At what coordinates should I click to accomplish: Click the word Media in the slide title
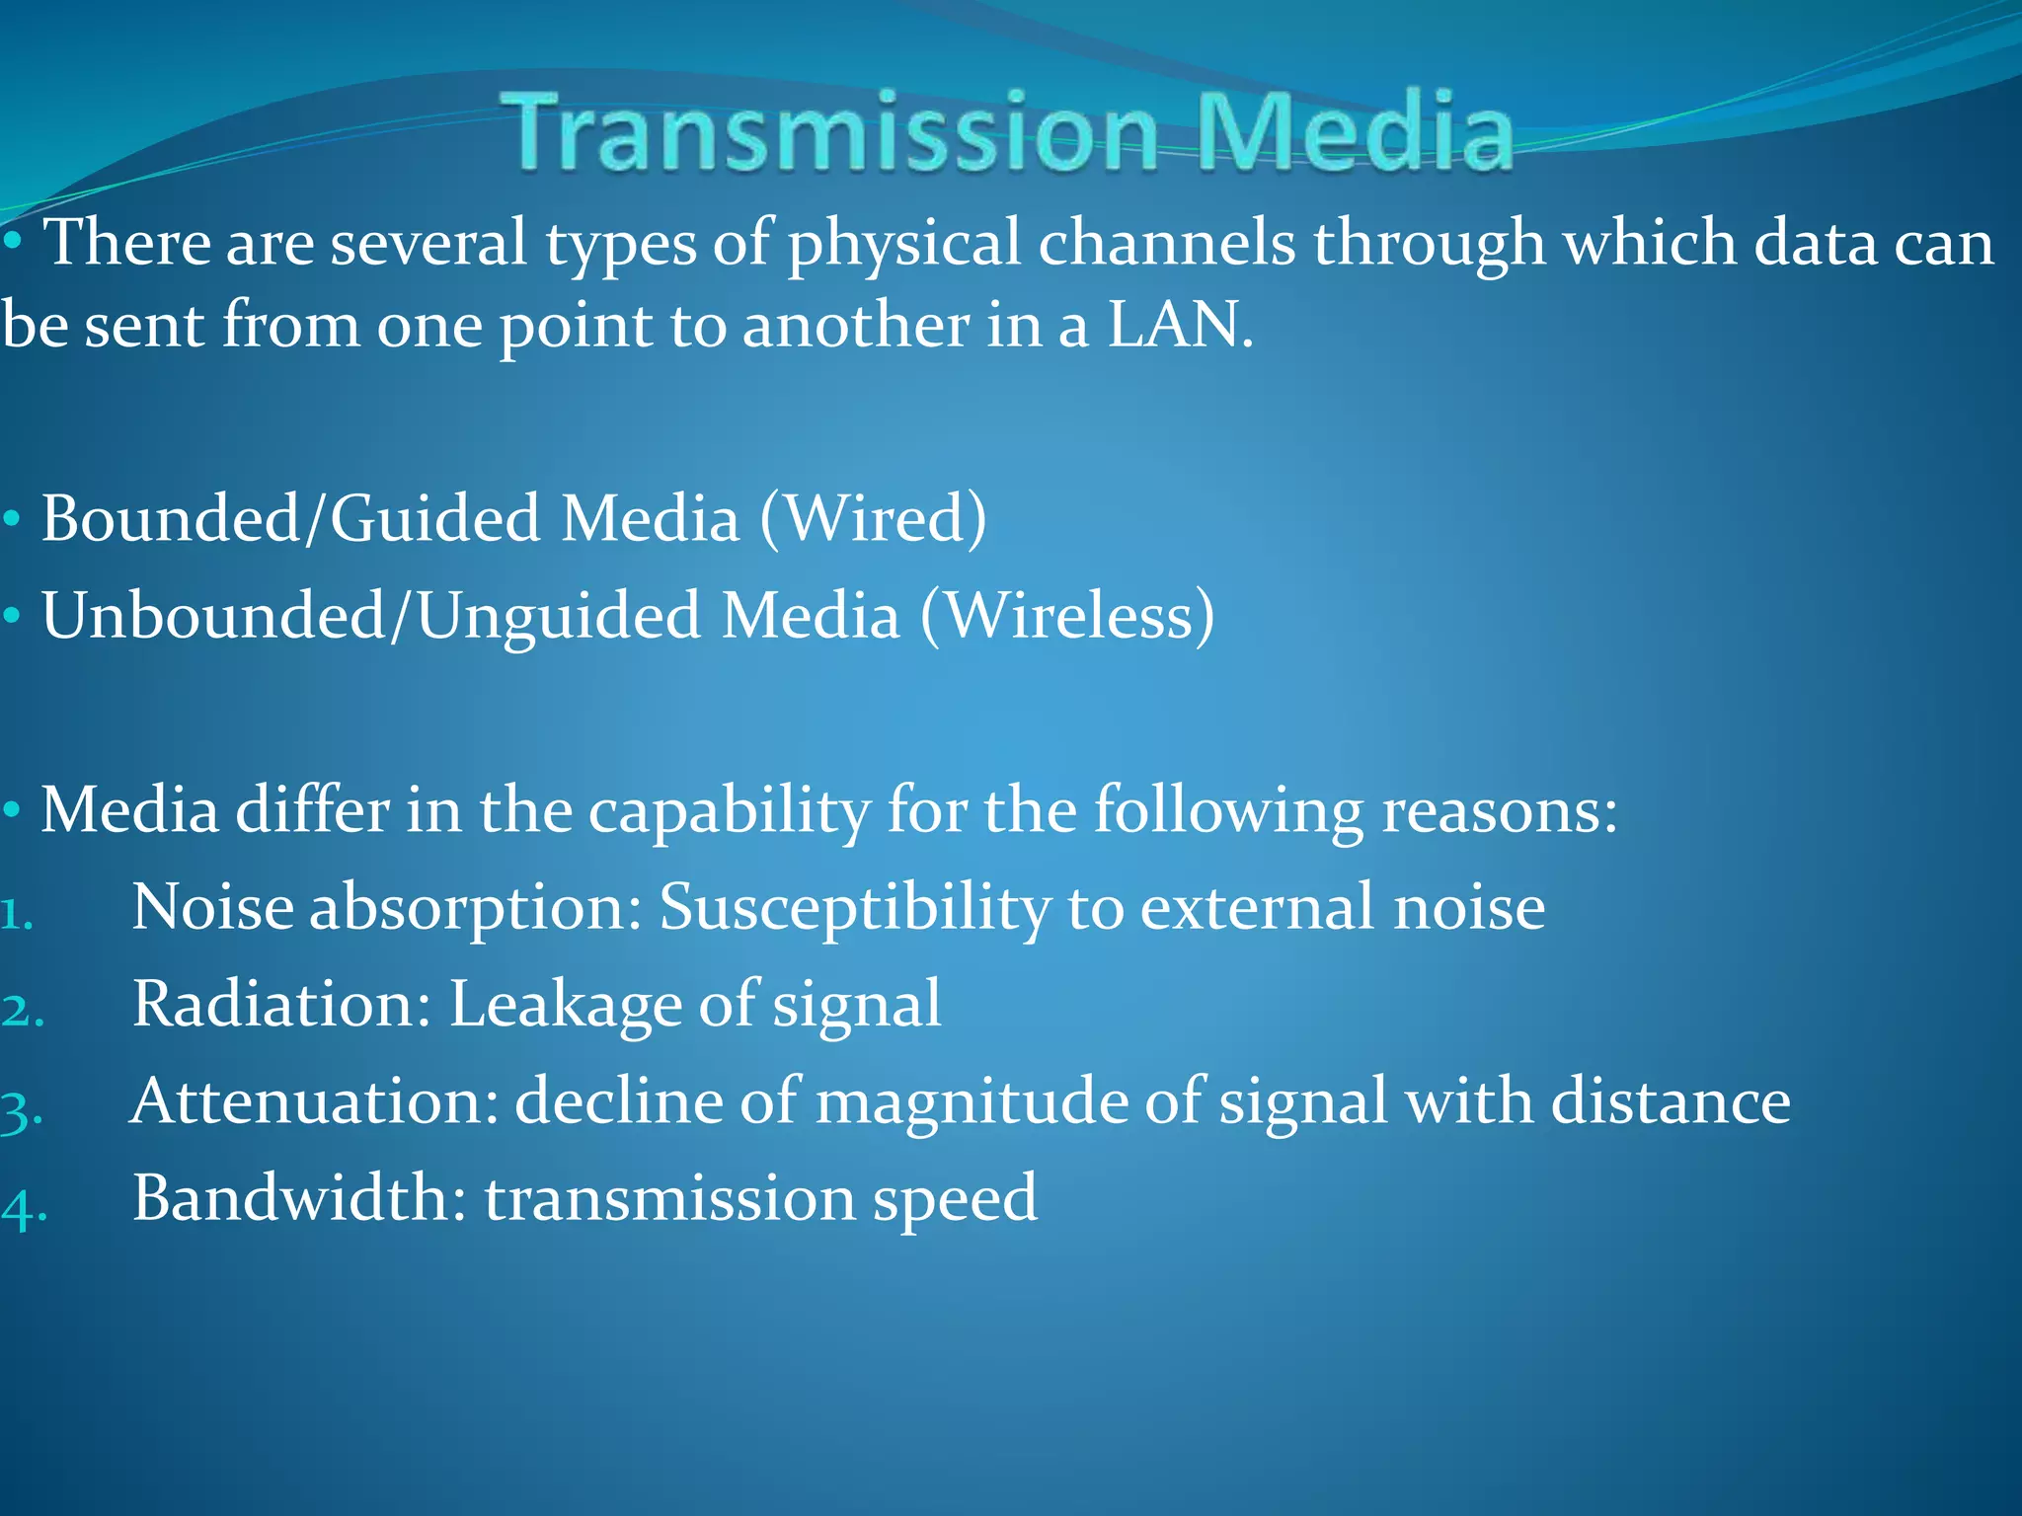[x=1355, y=131]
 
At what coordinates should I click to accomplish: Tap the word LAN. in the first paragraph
[x=1180, y=326]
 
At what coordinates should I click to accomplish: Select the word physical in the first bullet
[x=903, y=244]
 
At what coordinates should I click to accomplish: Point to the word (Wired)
[x=873, y=518]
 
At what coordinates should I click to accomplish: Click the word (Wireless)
[x=1066, y=616]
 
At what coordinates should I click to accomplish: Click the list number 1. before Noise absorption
[x=17, y=915]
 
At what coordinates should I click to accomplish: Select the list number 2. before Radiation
[x=23, y=1012]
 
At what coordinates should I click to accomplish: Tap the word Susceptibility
[x=854, y=908]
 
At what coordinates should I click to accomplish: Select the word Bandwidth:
[x=299, y=1198]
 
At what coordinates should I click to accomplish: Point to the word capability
[x=730, y=811]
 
